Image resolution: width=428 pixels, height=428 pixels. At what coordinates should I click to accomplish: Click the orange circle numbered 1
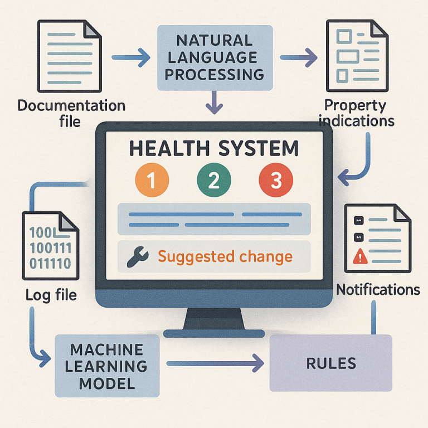pos(152,180)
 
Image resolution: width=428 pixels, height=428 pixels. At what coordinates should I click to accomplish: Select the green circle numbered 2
pos(214,180)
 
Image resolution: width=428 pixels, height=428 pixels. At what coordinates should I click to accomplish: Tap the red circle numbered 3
pos(276,180)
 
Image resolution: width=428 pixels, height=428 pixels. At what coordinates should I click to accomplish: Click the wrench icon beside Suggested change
pos(138,256)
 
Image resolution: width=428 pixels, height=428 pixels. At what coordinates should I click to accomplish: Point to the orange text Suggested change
pos(225,257)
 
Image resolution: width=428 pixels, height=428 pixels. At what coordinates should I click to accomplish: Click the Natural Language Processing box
pos(215,58)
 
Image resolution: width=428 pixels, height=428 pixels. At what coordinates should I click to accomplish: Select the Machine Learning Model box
pos(107,366)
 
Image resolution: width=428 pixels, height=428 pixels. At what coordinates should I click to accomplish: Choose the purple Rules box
pos(331,363)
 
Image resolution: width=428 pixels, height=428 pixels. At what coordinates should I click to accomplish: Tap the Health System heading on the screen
pos(214,148)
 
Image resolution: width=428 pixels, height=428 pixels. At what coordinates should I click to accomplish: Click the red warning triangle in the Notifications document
pos(361,256)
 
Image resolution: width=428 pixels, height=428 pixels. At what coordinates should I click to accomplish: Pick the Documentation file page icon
pos(70,56)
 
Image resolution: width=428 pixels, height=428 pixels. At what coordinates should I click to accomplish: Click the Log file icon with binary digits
pos(51,246)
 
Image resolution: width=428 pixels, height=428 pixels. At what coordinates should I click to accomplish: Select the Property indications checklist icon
pos(357,56)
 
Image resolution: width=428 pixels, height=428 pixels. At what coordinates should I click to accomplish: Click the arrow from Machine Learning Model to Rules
pos(215,363)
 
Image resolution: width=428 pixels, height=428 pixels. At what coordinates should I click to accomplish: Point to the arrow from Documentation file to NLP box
pos(131,57)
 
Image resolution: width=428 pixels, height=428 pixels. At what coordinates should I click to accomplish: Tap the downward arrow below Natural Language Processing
pos(214,103)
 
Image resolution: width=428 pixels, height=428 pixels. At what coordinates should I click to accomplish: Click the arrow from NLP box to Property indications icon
pos(299,57)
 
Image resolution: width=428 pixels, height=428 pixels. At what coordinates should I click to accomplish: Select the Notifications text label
pos(378,290)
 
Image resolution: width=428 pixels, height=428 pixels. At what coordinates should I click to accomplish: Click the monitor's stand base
pos(214,333)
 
